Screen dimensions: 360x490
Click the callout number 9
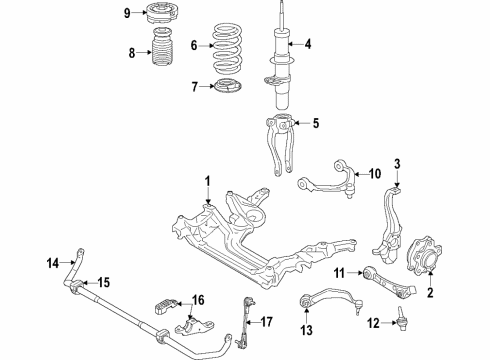pos(127,13)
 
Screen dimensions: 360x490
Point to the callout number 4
pos(308,43)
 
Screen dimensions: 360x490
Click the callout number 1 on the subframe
pos(208,182)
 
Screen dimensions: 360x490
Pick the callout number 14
pos(54,264)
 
